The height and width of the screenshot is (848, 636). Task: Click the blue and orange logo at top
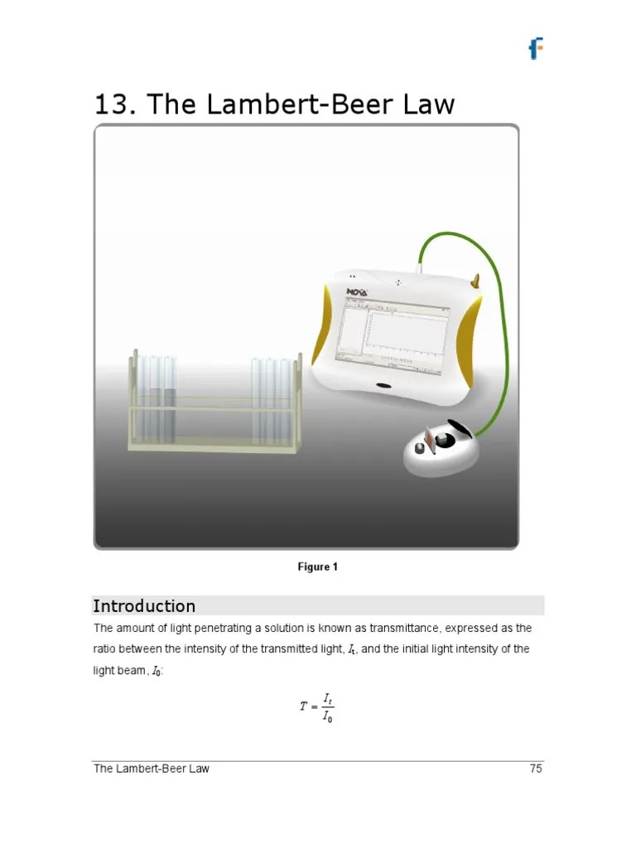click(x=537, y=49)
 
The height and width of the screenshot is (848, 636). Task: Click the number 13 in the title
click(x=113, y=104)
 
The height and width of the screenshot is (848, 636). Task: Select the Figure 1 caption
click(x=318, y=567)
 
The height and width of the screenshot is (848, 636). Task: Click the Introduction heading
click(x=144, y=605)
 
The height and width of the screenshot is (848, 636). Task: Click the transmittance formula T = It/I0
click(x=317, y=706)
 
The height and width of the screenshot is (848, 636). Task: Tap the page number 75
click(x=536, y=768)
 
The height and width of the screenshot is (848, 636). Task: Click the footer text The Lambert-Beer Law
click(x=151, y=768)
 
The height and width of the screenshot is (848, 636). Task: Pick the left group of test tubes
click(x=157, y=397)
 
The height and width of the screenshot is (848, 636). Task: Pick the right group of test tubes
click(x=273, y=399)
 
